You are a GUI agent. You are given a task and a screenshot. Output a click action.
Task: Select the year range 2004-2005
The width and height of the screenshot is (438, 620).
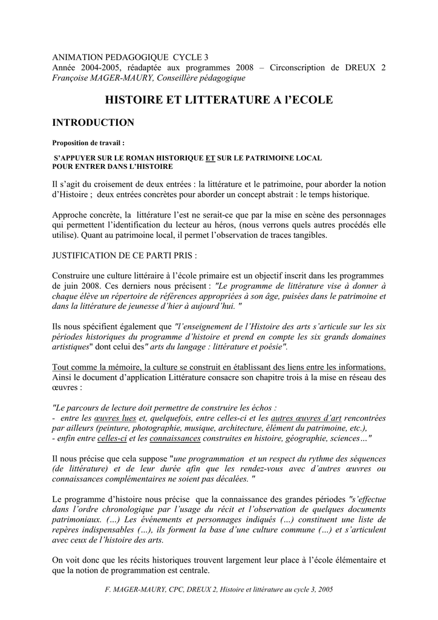point(97,67)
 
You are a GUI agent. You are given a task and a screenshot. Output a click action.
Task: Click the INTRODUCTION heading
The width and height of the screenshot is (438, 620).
point(93,123)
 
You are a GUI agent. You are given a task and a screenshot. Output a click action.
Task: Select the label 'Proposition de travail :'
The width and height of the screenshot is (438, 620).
point(88,143)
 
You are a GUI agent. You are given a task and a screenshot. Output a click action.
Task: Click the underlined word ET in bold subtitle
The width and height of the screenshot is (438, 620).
point(211,158)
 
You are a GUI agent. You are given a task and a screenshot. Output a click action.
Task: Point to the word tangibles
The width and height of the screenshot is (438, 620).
point(308,236)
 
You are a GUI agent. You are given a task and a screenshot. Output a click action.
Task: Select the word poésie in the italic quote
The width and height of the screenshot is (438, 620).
point(270,347)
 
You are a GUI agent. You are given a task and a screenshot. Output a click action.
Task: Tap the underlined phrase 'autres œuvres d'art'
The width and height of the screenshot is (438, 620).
point(307,418)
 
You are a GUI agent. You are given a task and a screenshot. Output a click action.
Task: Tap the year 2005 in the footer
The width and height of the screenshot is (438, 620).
point(325,589)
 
